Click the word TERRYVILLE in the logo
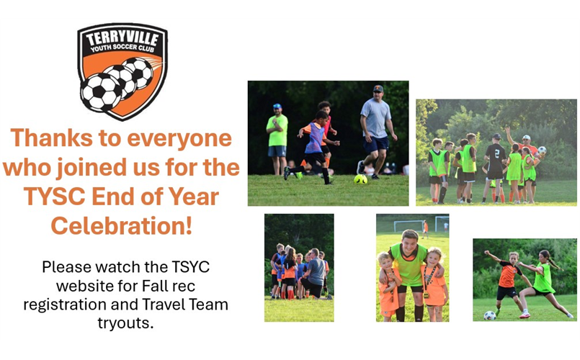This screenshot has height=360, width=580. [122, 38]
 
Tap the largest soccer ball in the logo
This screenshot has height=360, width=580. [101, 92]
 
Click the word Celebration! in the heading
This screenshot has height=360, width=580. [122, 225]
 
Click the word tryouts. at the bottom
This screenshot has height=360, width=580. [125, 323]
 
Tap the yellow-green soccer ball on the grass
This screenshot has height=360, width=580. [360, 179]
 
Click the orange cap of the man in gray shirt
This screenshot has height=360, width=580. [378, 89]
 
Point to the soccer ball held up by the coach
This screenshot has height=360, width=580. [542, 150]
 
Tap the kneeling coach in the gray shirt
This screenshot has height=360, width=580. [313, 274]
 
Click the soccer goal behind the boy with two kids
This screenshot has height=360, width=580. [409, 225]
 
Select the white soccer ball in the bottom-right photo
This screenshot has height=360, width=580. [490, 315]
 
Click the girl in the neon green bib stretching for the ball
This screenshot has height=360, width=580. [543, 283]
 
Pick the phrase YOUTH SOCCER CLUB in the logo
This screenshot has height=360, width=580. [122, 48]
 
